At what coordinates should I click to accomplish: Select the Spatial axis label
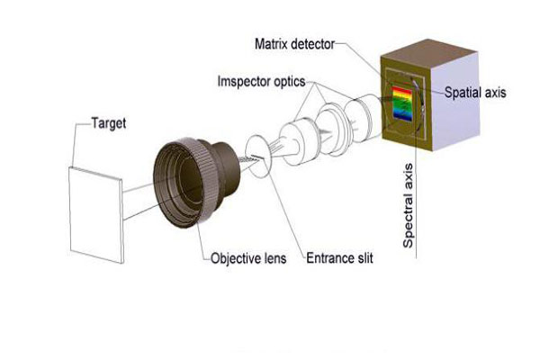tap(474, 91)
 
